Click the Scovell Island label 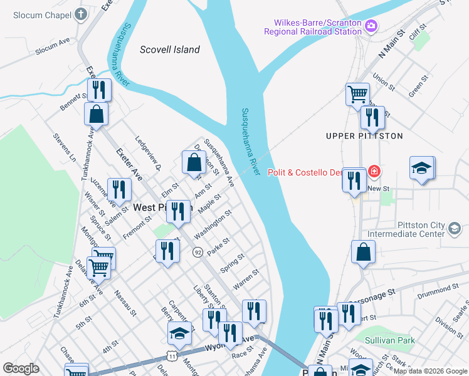[x=169, y=50]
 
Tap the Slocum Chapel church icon [x=80, y=13]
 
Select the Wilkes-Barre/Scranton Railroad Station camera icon [x=371, y=26]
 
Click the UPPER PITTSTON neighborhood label [x=364, y=135]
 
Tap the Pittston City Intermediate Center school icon [x=453, y=229]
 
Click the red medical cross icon [x=374, y=171]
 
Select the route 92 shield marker [x=197, y=251]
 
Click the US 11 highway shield [x=172, y=355]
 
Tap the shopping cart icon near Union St [x=357, y=95]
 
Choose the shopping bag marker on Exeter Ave [x=96, y=114]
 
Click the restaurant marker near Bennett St [x=98, y=90]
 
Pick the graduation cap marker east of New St [x=421, y=168]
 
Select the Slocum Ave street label [x=53, y=46]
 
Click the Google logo [x=21, y=368]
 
